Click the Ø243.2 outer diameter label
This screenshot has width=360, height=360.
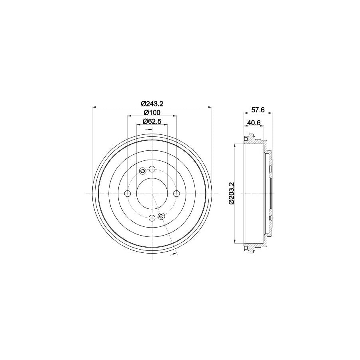152,103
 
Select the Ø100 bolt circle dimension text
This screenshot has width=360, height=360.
152,112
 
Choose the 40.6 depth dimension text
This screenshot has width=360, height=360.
254,122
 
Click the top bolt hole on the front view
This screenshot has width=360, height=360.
152,169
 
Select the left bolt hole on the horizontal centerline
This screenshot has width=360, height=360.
128,194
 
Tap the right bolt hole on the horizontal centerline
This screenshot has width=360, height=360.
176,194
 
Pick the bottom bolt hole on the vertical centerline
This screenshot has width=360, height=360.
152,218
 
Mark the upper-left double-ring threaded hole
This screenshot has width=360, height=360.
142,171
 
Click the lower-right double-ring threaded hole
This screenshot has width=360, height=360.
162,216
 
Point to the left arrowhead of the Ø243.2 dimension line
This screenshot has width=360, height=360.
94,107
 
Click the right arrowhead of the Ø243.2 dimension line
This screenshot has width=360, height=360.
209,107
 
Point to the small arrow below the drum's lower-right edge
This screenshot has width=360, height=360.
175,254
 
